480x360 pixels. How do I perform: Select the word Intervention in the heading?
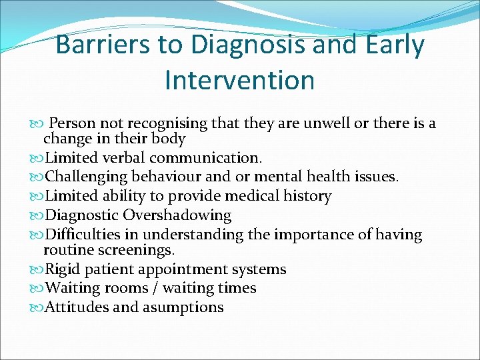(239, 80)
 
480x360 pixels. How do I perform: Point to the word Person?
(73, 123)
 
